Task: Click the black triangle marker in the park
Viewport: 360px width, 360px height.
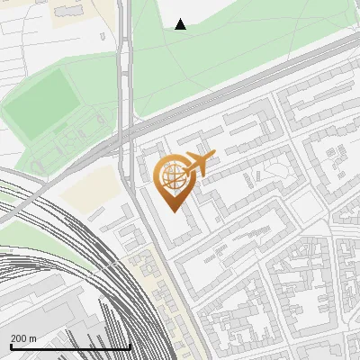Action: click(x=181, y=24)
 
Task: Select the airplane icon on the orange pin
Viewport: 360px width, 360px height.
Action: click(x=200, y=164)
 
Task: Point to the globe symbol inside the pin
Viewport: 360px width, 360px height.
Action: click(x=171, y=177)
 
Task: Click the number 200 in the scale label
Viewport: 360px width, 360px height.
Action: click(x=20, y=338)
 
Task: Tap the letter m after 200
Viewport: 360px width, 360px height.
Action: click(x=33, y=338)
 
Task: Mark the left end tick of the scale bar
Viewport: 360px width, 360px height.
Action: click(x=11, y=346)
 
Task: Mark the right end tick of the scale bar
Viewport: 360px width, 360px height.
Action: click(x=130, y=346)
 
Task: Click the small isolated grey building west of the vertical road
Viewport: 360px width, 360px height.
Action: click(x=103, y=37)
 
